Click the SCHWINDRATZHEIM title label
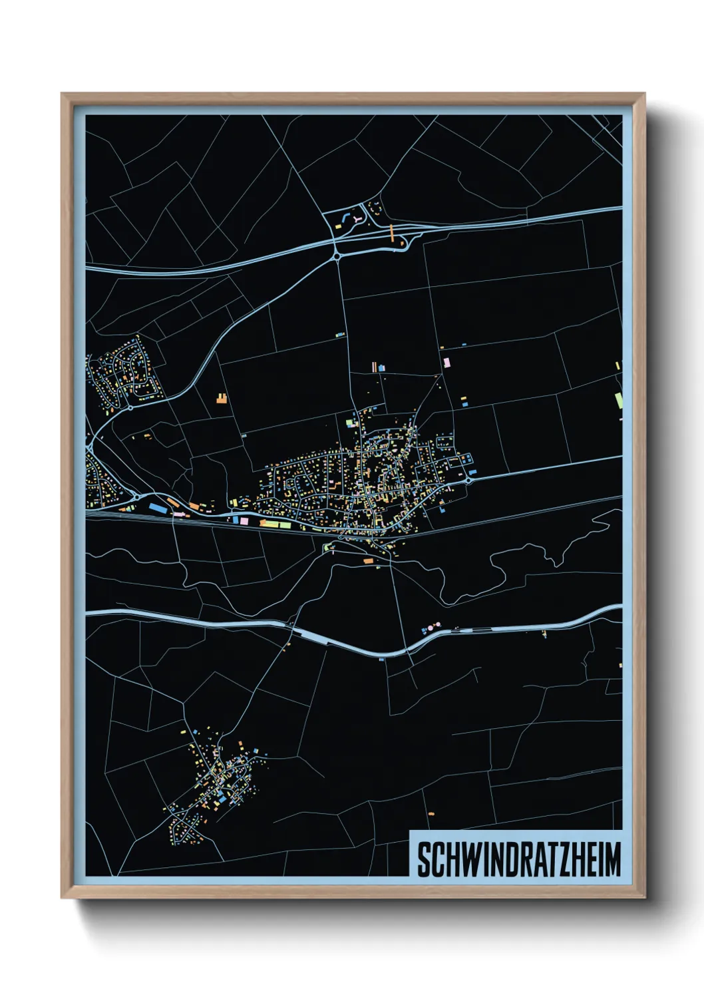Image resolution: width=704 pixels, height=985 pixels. [518, 859]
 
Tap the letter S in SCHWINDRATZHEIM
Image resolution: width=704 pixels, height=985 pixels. [423, 859]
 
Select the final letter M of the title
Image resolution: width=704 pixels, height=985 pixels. [612, 859]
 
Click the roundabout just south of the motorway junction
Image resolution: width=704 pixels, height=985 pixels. [337, 254]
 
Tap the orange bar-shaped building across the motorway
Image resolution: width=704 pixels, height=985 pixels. [393, 232]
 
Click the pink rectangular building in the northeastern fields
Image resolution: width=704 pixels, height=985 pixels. [446, 362]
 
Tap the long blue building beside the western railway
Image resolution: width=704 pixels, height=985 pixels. [157, 508]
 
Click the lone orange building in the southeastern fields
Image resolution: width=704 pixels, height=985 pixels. [431, 813]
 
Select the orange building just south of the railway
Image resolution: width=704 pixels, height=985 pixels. [368, 562]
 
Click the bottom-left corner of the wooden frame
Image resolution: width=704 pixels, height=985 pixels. [63, 896]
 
